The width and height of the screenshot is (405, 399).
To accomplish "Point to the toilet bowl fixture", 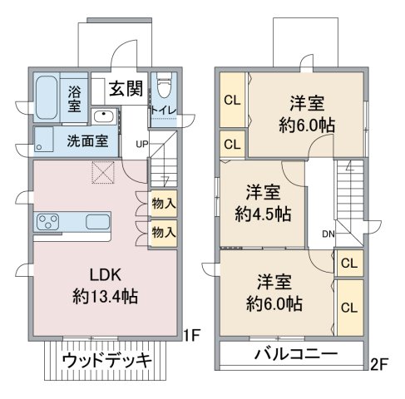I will coord(164,86).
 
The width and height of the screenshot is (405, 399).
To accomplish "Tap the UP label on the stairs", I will coord(141,145).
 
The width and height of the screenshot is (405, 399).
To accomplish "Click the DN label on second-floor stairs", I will coord(328,234).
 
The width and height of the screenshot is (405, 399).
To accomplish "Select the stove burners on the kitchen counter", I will coord(48,223).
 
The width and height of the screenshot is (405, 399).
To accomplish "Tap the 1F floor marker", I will coord(192,336).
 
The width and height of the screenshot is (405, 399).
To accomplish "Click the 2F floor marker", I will coord(380,362).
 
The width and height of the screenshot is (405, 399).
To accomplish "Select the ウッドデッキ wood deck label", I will coord(106,362).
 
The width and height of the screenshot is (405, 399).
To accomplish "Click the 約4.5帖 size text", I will coord(262,213).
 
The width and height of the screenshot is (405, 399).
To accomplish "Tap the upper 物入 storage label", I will coord(164,203).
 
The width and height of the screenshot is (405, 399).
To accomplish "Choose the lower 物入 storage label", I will coord(164,232).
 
